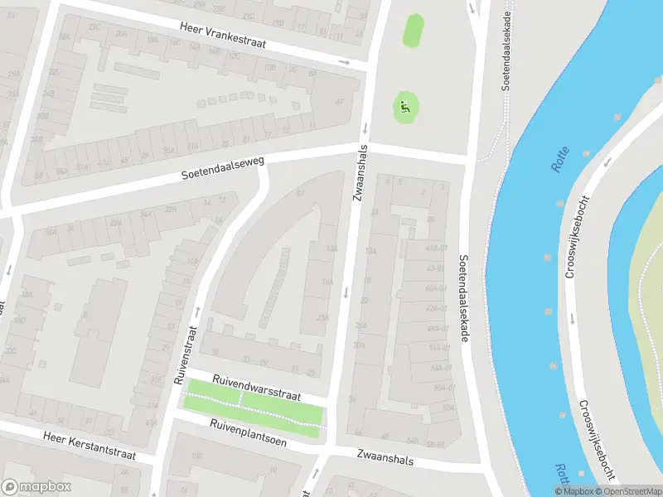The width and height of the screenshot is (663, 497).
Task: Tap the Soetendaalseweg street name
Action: (x=223, y=170)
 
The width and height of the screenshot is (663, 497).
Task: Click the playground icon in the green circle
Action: (x=404, y=106)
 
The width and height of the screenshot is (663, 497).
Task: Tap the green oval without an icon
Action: (x=412, y=31)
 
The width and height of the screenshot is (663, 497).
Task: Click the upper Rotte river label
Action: (x=561, y=156)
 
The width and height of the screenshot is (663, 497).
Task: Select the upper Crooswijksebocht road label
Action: (x=571, y=229)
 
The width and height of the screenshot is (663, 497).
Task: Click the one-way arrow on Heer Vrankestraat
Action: (x=344, y=62)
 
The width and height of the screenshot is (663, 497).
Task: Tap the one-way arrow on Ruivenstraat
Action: (x=197, y=311)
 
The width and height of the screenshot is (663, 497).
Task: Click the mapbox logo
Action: (x=36, y=487)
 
